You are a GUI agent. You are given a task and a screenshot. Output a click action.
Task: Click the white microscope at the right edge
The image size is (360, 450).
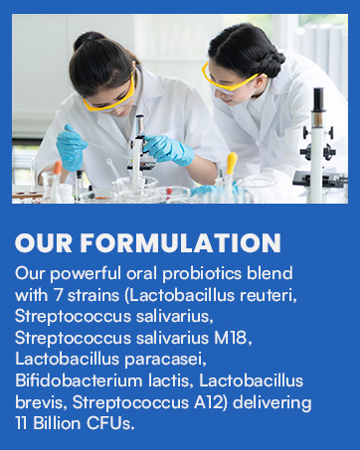click(x=319, y=139)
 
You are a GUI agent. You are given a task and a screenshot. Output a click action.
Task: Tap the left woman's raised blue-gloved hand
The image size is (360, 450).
click(x=72, y=147)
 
